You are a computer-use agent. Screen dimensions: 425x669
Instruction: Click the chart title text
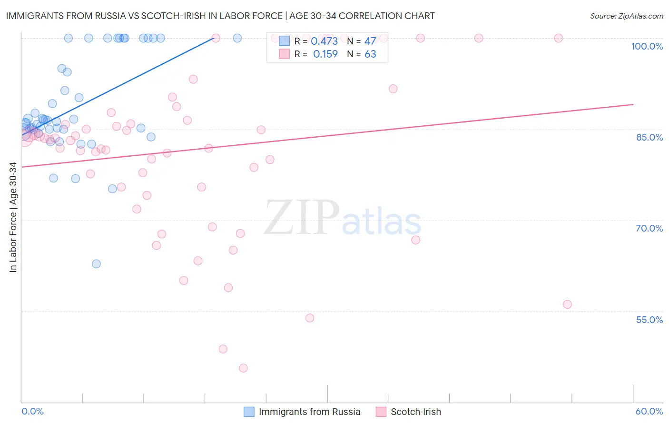pos(220,16)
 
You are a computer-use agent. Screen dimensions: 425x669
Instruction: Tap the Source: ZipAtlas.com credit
pos(626,16)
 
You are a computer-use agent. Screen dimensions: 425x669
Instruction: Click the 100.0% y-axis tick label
pos(647,46)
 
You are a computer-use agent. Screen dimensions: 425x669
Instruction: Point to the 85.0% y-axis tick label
pos(649,137)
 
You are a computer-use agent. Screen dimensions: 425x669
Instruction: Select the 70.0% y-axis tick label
pos(649,228)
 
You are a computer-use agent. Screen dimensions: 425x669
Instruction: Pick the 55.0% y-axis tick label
pos(649,320)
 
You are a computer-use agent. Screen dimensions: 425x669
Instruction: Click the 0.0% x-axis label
pos(32,411)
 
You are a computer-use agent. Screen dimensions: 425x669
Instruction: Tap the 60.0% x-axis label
pos(649,411)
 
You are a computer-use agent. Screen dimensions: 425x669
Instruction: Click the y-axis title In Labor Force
pos(13,217)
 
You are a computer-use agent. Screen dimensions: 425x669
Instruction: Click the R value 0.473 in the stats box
pos(324,41)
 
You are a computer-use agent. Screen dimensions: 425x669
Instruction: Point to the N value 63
pos(370,54)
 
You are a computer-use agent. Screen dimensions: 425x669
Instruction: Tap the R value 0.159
pos(325,54)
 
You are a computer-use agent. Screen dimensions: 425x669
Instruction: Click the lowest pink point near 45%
pos(243,368)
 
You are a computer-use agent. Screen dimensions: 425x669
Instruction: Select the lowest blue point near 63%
pos(96,263)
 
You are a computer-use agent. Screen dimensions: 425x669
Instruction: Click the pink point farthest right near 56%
pos(567,304)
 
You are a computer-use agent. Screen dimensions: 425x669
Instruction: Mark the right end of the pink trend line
pos(633,104)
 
